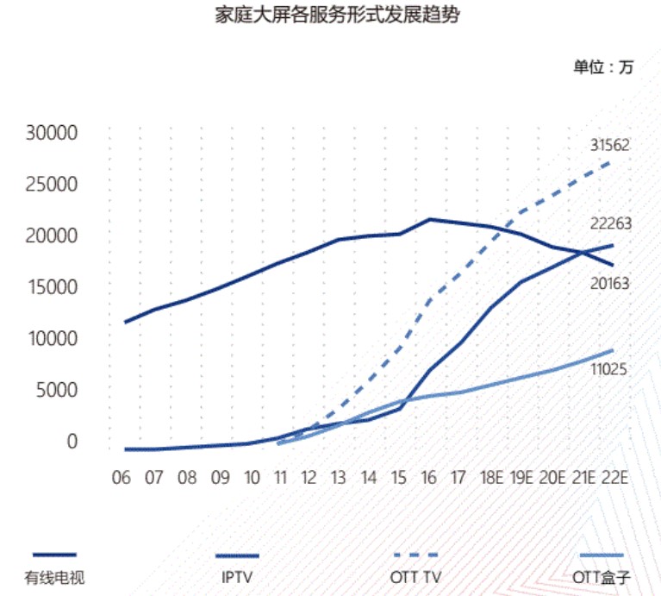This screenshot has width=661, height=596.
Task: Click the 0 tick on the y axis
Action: pyautogui.click(x=72, y=441)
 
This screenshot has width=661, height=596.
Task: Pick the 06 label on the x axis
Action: pyautogui.click(x=122, y=478)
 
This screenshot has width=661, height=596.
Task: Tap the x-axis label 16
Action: pyautogui.click(x=428, y=478)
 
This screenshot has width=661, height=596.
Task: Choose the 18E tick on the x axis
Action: pyautogui.click(x=492, y=478)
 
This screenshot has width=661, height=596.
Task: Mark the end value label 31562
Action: pyautogui.click(x=610, y=145)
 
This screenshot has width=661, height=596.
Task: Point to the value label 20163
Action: pyautogui.click(x=610, y=283)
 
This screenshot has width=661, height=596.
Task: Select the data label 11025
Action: pyautogui.click(x=608, y=369)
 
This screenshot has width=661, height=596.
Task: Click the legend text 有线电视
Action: pyautogui.click(x=55, y=578)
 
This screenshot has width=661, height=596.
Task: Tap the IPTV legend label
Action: pyautogui.click(x=237, y=577)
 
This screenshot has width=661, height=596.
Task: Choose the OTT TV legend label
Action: pyautogui.click(x=416, y=577)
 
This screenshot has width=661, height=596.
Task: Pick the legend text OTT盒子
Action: pyautogui.click(x=602, y=577)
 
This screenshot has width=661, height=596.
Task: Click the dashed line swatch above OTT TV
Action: pyautogui.click(x=416, y=555)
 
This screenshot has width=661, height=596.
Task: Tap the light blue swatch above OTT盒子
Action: pyautogui.click(x=602, y=555)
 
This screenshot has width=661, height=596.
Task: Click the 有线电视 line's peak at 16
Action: pyautogui.click(x=429, y=219)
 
